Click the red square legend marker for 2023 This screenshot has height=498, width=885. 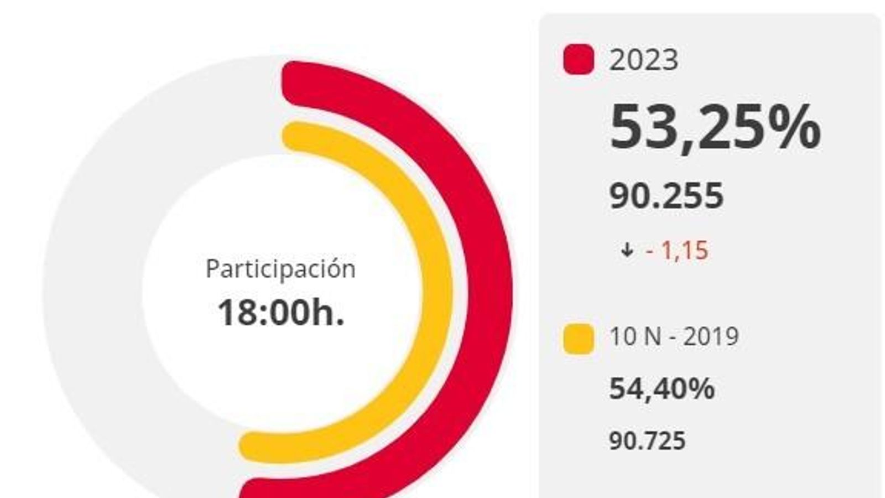pos(579,60)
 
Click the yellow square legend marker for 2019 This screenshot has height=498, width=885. pos(579,339)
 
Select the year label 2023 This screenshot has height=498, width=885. pos(643,60)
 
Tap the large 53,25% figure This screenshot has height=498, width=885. pos(714,128)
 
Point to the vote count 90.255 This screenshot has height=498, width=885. pos(666,196)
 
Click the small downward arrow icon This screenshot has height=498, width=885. pos(626,250)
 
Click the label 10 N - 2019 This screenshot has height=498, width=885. pos(674,336)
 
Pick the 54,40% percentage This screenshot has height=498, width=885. pos(662,388)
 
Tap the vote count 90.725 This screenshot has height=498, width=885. pos(647,441)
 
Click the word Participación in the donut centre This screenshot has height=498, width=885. pos(280,269)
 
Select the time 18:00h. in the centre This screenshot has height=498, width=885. pos(280,313)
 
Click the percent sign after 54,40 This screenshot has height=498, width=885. pos(701,388)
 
